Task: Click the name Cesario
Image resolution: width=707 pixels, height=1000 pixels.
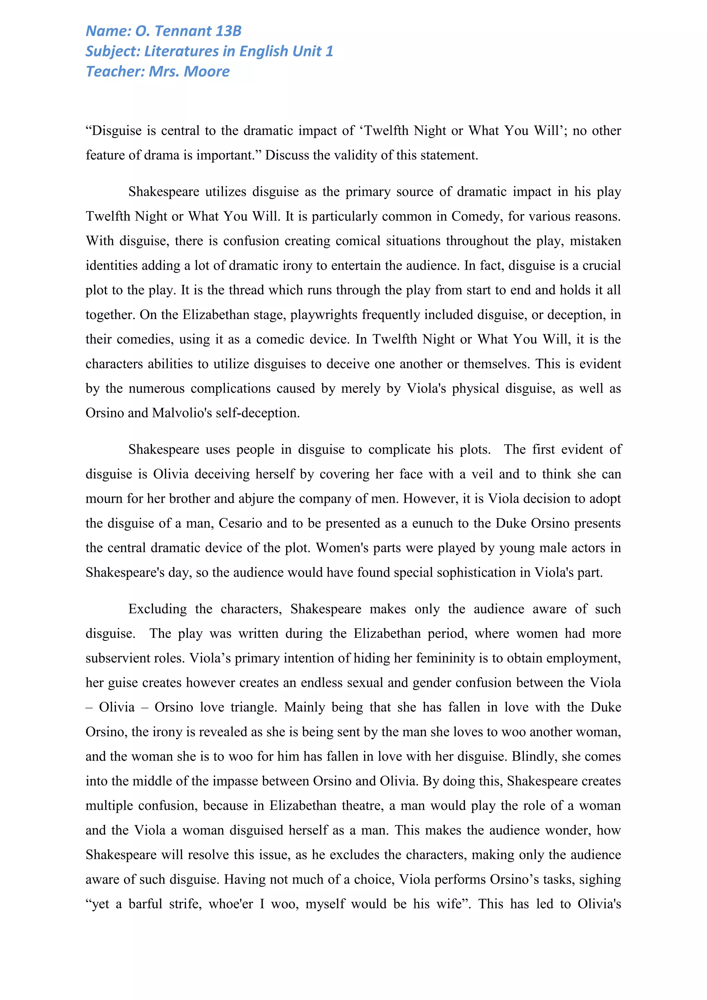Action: click(240, 523)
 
